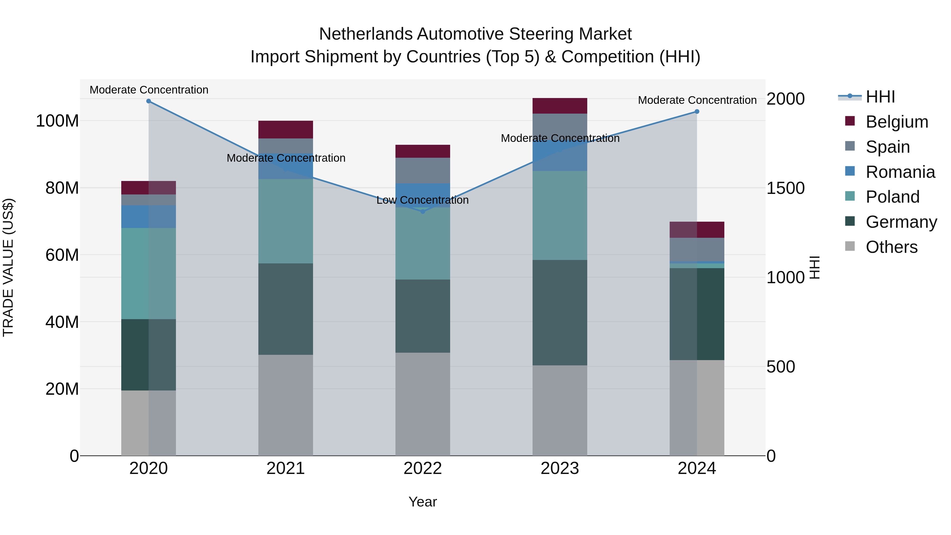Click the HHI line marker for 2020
click(x=148, y=101)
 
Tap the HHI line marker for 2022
click(x=423, y=211)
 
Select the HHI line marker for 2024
click(x=697, y=111)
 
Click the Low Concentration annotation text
click(x=422, y=200)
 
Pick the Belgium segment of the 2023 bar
click(x=560, y=106)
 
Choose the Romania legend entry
click(x=900, y=172)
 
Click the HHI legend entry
click(x=880, y=97)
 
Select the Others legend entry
click(x=891, y=247)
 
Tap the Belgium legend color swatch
click(x=850, y=121)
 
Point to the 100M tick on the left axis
click(x=57, y=121)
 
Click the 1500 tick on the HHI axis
click(x=786, y=188)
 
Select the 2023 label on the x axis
click(x=560, y=468)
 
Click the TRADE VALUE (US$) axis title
click(x=8, y=267)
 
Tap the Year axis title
click(x=422, y=502)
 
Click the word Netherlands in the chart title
click(x=366, y=34)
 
